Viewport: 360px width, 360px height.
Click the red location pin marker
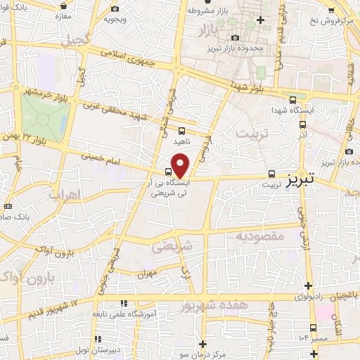pos(181,165)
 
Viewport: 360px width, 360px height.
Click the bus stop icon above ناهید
pos(182,130)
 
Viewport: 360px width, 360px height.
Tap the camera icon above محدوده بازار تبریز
pos(235,37)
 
